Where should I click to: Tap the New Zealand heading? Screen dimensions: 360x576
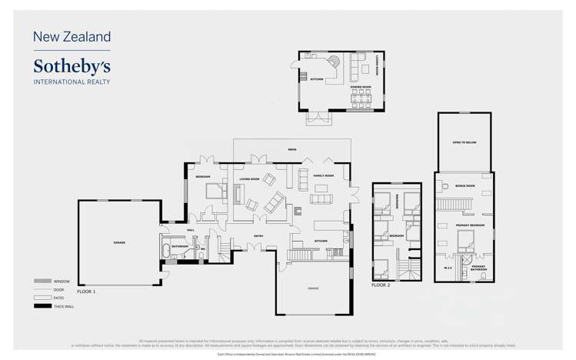click(72, 36)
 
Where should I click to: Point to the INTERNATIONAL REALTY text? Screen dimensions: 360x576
click(72, 81)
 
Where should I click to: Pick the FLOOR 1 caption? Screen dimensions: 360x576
click(86, 292)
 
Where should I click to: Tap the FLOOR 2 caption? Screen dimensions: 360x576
click(381, 285)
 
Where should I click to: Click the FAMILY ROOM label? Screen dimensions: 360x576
click(323, 176)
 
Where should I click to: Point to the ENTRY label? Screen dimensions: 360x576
click(259, 235)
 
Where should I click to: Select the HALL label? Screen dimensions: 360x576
click(191, 229)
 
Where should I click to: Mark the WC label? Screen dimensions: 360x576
click(202, 248)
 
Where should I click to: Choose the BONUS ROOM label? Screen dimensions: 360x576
click(465, 186)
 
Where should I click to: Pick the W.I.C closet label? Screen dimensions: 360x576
click(448, 267)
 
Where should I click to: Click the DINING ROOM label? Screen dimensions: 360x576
click(361, 88)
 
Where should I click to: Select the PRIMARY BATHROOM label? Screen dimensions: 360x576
click(478, 268)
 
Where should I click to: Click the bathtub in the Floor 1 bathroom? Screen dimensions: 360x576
click(167, 249)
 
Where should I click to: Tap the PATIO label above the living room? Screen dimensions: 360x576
click(292, 149)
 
